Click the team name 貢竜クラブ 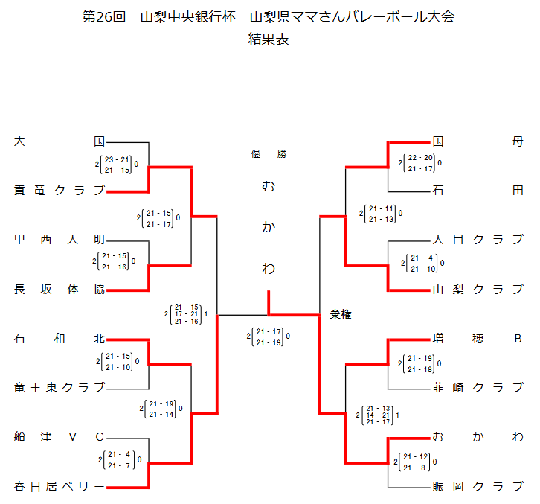(60, 191)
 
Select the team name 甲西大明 (60, 240)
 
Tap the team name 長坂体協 (60, 290)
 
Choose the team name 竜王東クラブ (60, 388)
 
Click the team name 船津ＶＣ (60, 437)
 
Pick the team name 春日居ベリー (60, 487)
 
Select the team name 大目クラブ (478, 240)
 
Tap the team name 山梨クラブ (478, 290)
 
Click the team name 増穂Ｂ (478, 339)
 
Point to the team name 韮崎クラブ (478, 388)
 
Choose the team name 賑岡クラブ (478, 487)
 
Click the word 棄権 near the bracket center (341, 315)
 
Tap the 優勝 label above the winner (269, 154)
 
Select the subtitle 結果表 (269, 39)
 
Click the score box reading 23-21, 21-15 (117, 165)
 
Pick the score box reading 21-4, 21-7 (119, 459)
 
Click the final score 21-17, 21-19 (268, 336)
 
